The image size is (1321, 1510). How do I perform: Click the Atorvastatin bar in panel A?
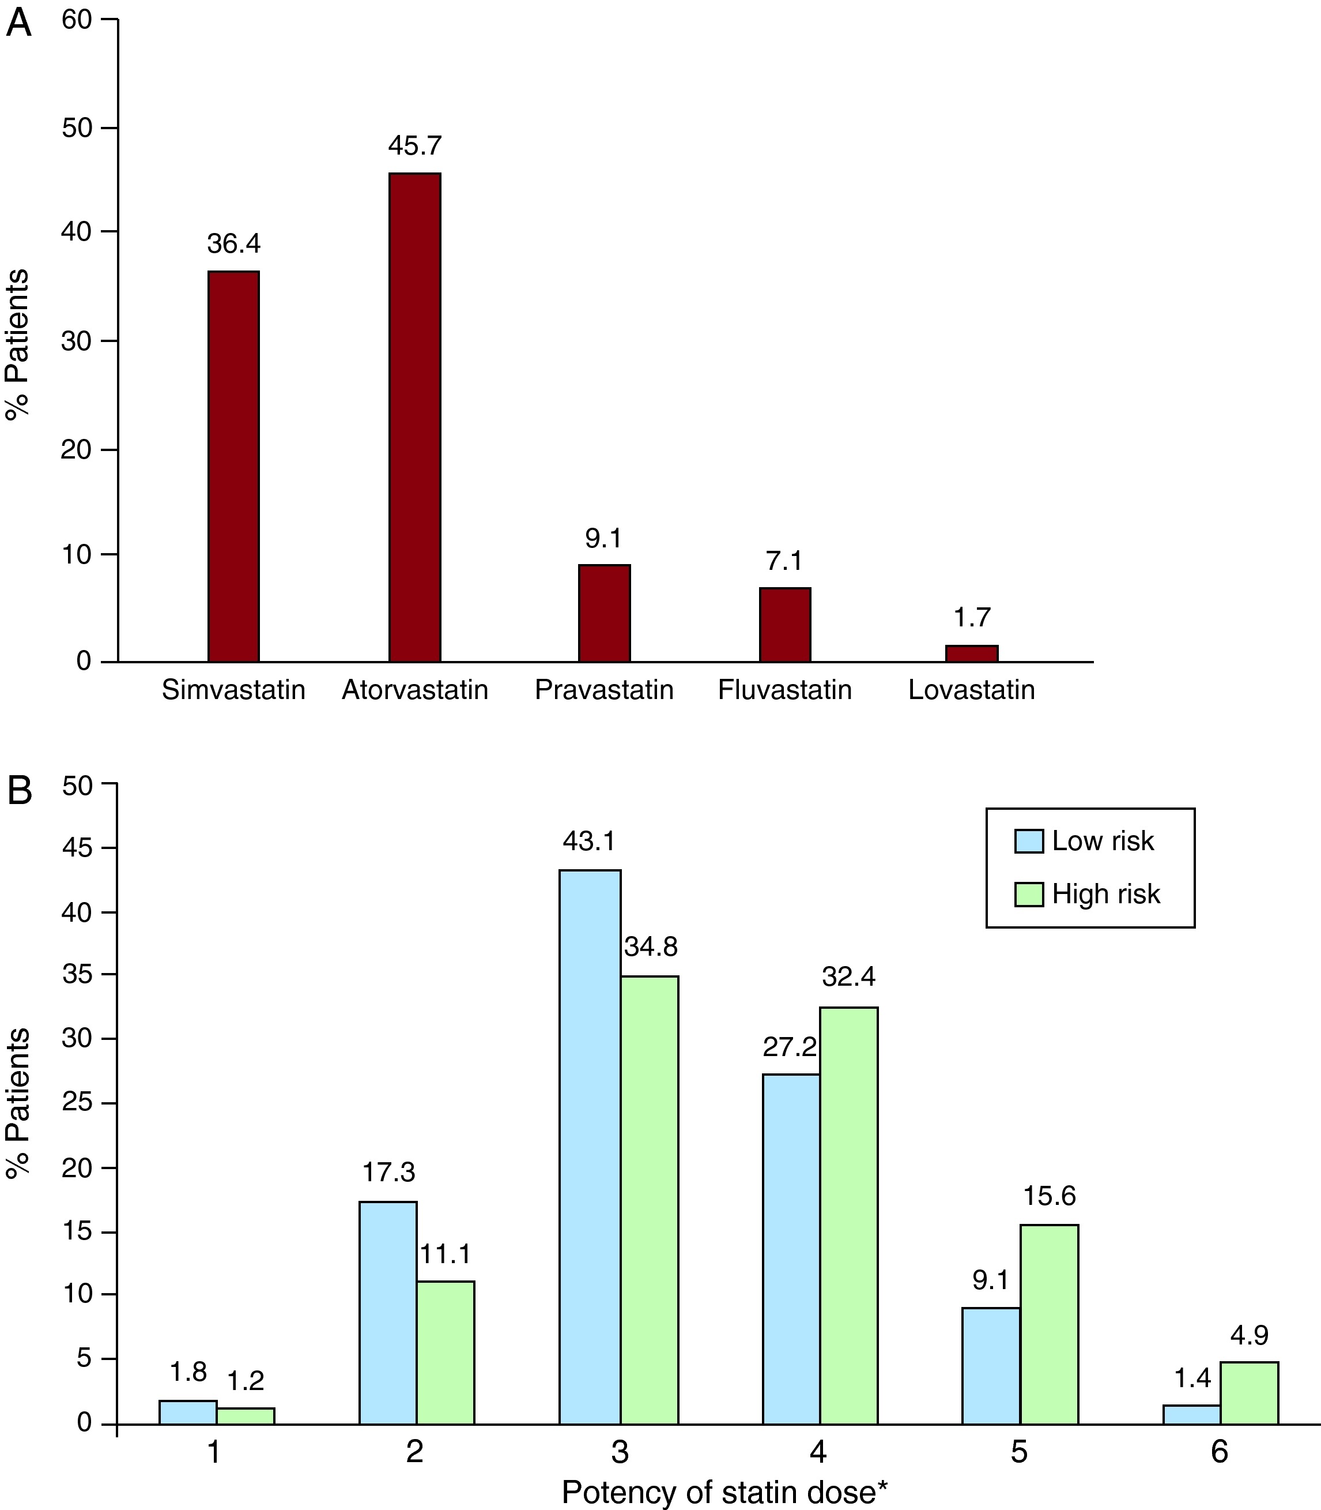click(415, 417)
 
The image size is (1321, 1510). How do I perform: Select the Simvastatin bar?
click(233, 466)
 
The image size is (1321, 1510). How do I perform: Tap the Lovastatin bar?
click(972, 653)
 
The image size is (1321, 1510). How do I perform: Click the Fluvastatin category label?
click(784, 690)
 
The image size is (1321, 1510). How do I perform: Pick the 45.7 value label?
click(415, 146)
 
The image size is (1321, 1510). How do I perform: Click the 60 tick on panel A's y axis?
click(77, 20)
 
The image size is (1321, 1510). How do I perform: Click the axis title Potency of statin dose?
click(724, 1492)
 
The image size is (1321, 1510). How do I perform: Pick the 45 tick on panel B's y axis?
click(77, 848)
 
